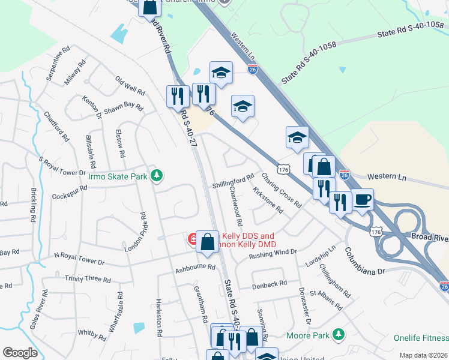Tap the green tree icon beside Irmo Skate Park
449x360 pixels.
click(157, 175)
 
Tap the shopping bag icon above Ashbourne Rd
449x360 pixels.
click(207, 242)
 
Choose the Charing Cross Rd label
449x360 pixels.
click(281, 190)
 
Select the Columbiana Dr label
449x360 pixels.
click(364, 263)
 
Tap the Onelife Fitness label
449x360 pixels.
click(421, 338)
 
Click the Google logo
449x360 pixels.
click(20, 353)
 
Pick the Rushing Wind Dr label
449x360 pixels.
click(273, 254)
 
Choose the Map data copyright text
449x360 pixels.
click(424, 355)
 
